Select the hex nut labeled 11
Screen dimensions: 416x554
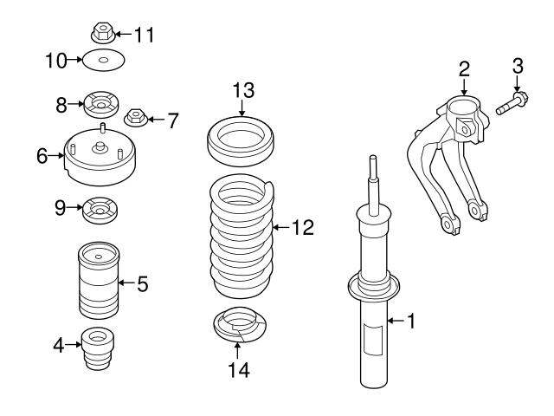[103, 34]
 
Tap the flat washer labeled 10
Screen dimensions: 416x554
[102, 61]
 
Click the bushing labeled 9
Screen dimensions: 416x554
[101, 210]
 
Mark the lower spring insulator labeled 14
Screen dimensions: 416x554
[238, 328]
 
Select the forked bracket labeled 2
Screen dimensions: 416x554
[450, 160]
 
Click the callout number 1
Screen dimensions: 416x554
[411, 322]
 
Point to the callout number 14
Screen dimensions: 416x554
[238, 370]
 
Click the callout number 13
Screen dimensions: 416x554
[243, 90]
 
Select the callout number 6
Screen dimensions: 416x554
[42, 156]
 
